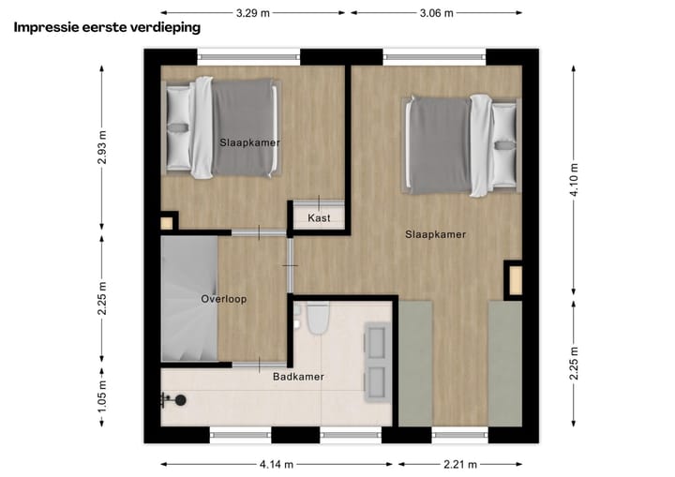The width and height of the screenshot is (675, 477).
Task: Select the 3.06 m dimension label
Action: click(x=437, y=13)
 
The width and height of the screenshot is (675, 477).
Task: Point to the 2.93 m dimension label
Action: click(x=102, y=147)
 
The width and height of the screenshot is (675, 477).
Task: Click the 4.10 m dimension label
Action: click(x=574, y=175)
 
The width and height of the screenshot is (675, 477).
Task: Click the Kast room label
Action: click(x=319, y=217)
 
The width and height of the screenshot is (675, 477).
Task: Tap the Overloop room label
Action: click(x=223, y=300)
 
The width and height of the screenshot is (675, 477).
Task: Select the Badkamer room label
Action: click(x=298, y=377)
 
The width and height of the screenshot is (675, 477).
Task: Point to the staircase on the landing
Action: click(x=188, y=298)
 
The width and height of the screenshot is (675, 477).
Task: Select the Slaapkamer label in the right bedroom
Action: click(x=435, y=234)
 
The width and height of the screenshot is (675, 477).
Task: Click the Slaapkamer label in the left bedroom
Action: click(x=249, y=142)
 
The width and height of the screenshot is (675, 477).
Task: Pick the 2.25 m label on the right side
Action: click(x=574, y=359)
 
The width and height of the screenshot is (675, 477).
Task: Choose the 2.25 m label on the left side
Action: click(x=102, y=300)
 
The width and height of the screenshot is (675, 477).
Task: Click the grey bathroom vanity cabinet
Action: click(x=379, y=361)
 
